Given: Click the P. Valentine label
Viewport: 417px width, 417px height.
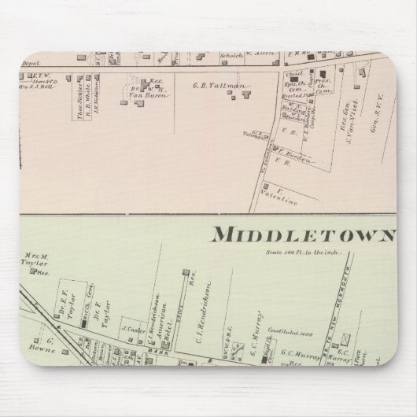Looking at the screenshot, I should click(x=283, y=201).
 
